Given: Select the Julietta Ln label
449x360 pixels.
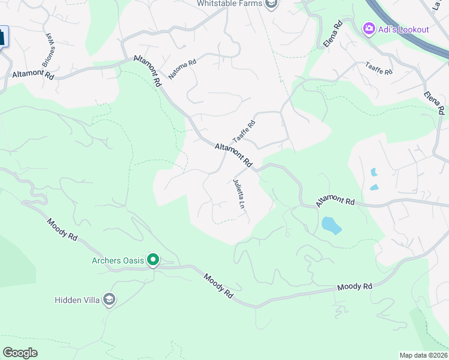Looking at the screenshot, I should pyautogui.click(x=240, y=194).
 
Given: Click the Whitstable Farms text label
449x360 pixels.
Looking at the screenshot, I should pyautogui.click(x=230, y=4).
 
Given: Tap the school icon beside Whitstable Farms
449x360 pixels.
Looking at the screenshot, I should pyautogui.click(x=272, y=4).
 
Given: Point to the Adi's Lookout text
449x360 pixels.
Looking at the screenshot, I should pyautogui.click(x=403, y=29).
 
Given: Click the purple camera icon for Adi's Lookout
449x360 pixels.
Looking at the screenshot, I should pyautogui.click(x=369, y=29).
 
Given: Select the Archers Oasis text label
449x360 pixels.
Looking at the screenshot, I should pyautogui.click(x=119, y=260).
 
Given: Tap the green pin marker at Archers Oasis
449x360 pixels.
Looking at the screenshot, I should pyautogui.click(x=154, y=260).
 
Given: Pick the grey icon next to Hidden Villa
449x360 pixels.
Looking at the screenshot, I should pyautogui.click(x=109, y=299).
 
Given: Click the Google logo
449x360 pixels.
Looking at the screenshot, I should pyautogui.click(x=20, y=353).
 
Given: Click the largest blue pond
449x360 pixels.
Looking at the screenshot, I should pyautogui.click(x=331, y=226).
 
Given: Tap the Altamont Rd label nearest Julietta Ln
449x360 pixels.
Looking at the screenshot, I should pyautogui.click(x=234, y=154).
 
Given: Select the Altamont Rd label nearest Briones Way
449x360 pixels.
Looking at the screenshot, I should pyautogui.click(x=33, y=75).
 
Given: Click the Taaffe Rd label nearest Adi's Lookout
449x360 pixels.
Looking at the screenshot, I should pyautogui.click(x=379, y=68).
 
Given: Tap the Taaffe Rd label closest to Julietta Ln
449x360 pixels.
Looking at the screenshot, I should pyautogui.click(x=244, y=131).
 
